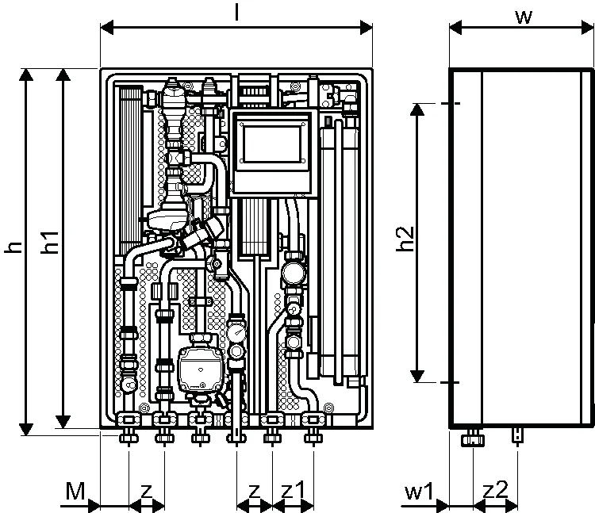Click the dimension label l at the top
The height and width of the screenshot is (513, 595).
coord(236,12)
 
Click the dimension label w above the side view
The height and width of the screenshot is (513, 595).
coord(524,17)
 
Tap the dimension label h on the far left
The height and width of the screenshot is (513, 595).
coord(14,247)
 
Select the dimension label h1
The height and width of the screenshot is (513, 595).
coord(50,243)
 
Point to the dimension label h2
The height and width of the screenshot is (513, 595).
coord(405,239)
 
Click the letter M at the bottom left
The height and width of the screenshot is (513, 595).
coord(75,491)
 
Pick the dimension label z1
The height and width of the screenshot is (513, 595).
coord(293,491)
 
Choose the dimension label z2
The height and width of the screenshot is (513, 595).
coord(496,490)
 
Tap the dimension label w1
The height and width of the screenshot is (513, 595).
coord(419,492)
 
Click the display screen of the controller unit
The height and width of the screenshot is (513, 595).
coord(272,144)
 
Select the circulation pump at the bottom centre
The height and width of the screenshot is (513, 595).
coord(200,368)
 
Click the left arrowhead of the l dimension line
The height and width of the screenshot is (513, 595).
coord(107,28)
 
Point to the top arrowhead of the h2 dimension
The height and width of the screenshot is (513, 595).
coord(417,109)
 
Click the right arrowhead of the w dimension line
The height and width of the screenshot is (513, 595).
coord(587,28)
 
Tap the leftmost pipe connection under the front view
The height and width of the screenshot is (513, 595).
coord(129,436)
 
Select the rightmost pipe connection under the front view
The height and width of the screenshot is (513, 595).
coord(313,436)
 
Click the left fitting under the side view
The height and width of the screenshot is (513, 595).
coord(473,438)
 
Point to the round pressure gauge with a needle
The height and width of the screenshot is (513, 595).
coord(237,331)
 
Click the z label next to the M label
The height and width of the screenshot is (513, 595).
coord(147,492)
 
